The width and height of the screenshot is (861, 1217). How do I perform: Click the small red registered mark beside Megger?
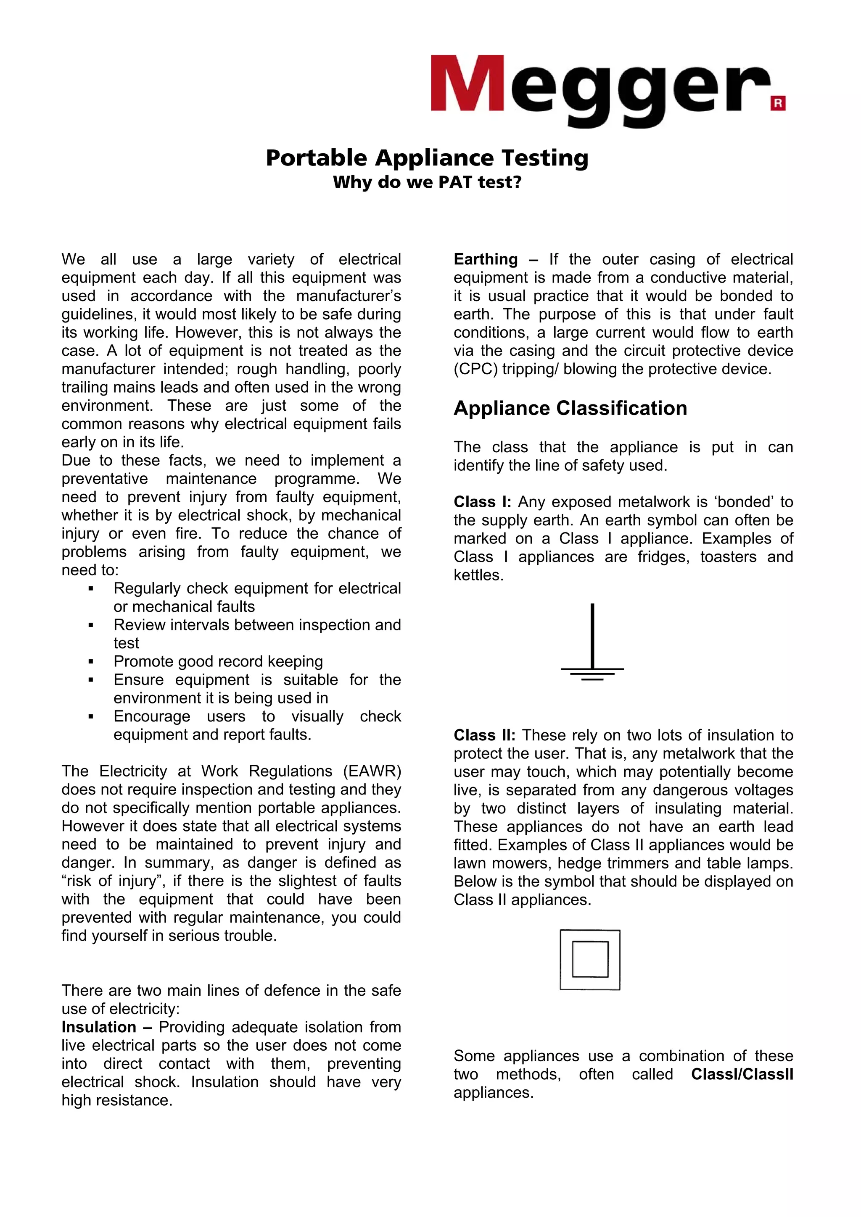778,103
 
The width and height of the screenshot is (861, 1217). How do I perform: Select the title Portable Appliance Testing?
427,158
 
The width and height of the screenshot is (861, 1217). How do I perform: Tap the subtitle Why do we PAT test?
427,182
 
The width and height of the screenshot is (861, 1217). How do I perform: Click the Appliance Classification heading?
570,408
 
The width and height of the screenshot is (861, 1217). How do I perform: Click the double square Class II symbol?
590,960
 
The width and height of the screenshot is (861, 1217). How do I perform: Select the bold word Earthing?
486,259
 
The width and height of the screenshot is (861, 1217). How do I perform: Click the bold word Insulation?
99,1027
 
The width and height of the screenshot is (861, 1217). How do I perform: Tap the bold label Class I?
482,502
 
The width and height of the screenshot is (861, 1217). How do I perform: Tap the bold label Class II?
484,735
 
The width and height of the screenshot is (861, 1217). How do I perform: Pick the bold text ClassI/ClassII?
742,1074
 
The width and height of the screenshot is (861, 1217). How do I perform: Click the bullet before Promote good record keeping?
91,662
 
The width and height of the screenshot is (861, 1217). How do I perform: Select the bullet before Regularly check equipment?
91,589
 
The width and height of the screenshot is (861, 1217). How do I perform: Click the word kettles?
478,575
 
